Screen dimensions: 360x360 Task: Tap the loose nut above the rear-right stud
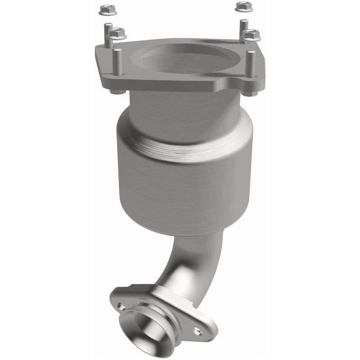pyautogui.click(x=243, y=6)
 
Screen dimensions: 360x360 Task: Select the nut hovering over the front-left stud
pyautogui.click(x=117, y=33)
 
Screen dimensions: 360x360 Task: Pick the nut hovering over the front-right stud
pyautogui.click(x=251, y=34)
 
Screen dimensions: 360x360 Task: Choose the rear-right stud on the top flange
pyautogui.click(x=243, y=30)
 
